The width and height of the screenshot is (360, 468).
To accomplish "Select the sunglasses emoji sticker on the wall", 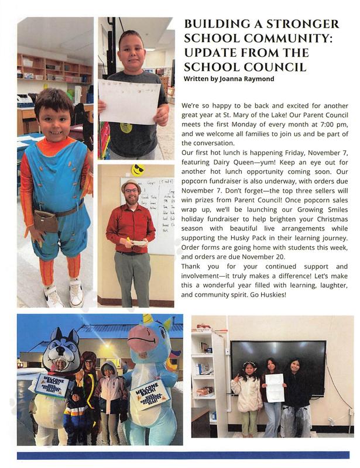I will pos(138,170).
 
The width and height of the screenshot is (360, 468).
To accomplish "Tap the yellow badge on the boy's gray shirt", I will pos(126,127).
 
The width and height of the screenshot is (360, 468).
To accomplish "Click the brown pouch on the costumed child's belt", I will pos(46,221).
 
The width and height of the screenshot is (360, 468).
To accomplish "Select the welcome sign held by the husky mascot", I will pos(52,385).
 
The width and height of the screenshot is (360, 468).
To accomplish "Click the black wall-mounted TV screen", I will pos(278,366).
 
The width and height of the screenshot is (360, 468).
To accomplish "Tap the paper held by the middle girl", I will pos(275,388).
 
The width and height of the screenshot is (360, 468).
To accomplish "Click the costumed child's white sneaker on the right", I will pos(77,292).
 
